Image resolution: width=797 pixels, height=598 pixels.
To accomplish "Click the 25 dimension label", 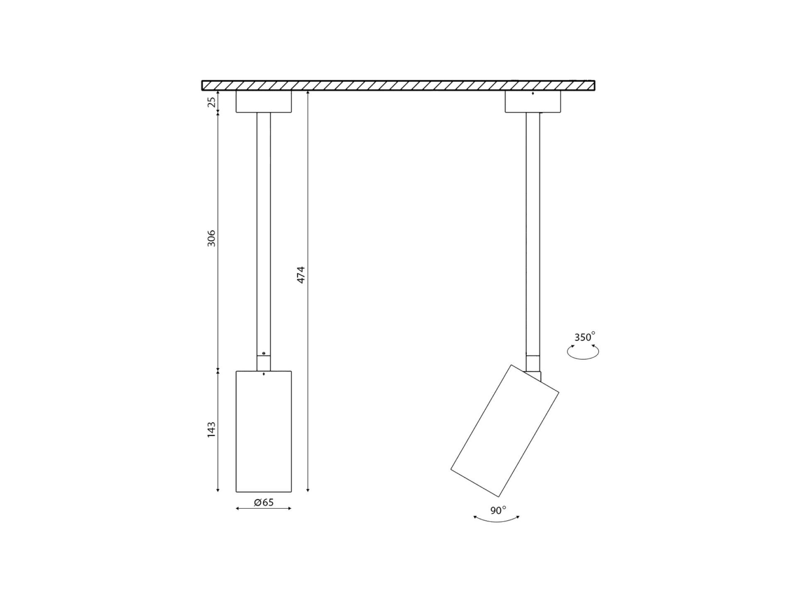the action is coord(212,101).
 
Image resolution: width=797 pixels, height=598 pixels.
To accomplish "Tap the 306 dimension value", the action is coord(212,238).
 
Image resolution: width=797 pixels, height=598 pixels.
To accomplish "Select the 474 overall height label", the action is coord(301,275).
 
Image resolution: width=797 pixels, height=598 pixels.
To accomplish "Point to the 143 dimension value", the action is coord(212,429).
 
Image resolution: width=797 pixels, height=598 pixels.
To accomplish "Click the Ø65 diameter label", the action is coord(264,502).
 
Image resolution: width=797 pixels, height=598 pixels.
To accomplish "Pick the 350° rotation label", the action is coord(584,337).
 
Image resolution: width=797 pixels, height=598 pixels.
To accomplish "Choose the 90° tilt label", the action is coord(498,510).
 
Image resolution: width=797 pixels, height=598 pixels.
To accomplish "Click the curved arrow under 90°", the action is coord(496,521).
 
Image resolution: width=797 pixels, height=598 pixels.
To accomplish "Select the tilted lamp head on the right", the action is coord(505,431).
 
